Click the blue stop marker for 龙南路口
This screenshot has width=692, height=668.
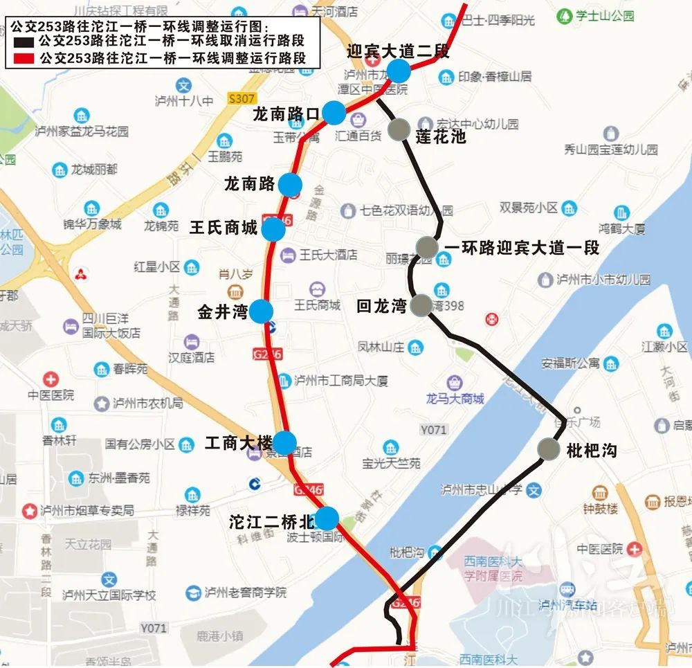334,112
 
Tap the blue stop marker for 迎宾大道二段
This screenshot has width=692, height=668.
399,71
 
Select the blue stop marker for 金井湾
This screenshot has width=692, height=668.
261,312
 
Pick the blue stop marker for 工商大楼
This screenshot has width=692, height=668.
284,442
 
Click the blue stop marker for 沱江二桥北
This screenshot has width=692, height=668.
326,518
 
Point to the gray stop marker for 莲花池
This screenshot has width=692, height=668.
399,130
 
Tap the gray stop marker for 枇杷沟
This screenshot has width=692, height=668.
549,449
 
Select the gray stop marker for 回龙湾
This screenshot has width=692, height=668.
421,305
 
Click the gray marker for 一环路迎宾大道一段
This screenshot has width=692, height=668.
427,246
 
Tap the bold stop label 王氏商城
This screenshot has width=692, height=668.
224,228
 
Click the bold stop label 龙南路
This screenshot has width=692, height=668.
249,184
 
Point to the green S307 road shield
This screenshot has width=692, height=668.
240,99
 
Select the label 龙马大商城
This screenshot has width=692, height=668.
455,398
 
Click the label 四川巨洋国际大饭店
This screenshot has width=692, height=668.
111,325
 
